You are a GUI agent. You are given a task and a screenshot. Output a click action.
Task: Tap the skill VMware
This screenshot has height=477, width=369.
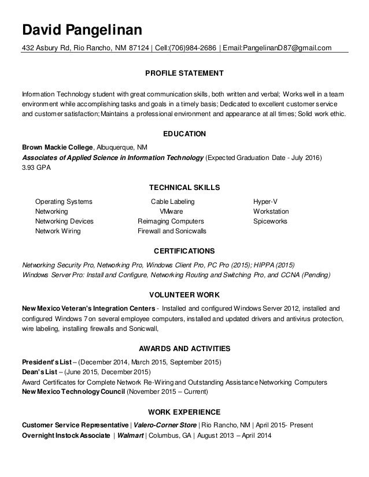[172, 211]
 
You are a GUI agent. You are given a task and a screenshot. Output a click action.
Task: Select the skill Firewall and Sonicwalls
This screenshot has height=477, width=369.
[172, 231]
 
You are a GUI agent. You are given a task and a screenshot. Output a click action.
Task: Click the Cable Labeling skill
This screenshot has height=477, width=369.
[172, 202]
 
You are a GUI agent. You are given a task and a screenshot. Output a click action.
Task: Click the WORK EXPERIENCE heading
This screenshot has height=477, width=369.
[184, 412]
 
